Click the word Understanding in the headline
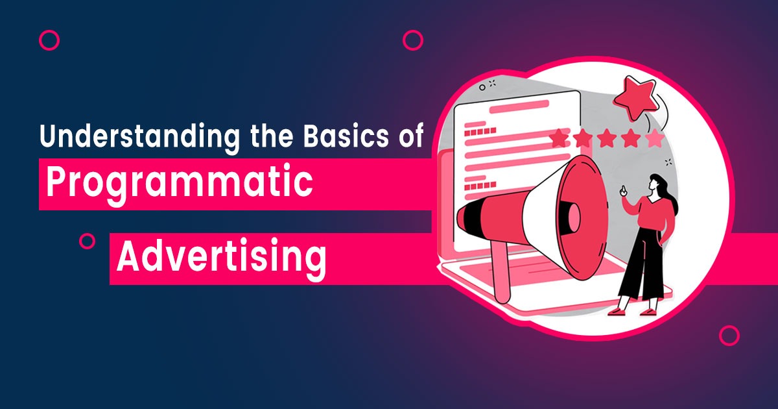(139, 137)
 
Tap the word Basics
(346, 135)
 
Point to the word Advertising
(222, 258)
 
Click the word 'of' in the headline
(411, 135)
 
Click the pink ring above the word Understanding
(49, 40)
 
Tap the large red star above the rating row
(635, 98)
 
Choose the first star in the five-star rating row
(560, 138)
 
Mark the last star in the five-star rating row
(654, 138)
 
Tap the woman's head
(657, 184)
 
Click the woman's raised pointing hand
(624, 191)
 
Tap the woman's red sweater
(653, 216)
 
